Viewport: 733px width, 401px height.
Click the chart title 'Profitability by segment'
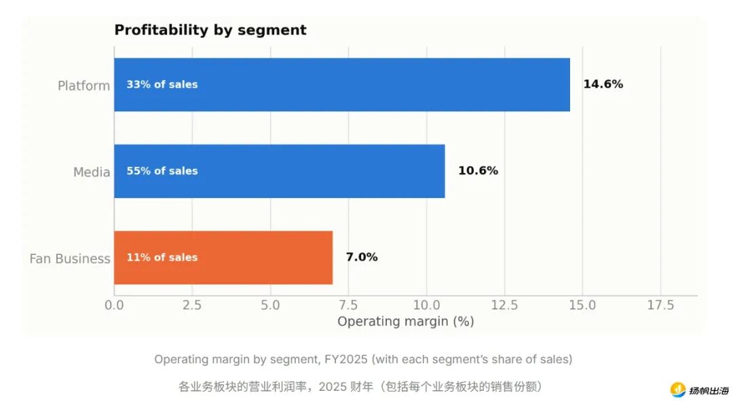click(x=210, y=30)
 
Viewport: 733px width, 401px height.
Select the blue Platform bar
click(x=341, y=85)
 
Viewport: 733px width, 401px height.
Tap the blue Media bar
click(x=280, y=171)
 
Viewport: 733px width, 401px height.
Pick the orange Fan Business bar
click(x=223, y=258)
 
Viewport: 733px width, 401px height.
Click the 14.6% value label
click(x=603, y=84)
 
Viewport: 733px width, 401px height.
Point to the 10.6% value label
click(x=478, y=170)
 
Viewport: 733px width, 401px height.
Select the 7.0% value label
click(x=362, y=257)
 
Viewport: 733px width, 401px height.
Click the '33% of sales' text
click(x=162, y=85)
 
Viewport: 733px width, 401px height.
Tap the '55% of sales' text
click(x=162, y=171)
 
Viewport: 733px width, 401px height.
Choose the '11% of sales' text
click(x=162, y=258)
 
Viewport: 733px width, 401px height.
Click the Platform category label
click(x=83, y=86)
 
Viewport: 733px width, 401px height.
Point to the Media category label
click(x=92, y=172)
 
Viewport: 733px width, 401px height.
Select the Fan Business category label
click(x=70, y=259)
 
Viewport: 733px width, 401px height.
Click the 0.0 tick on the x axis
click(x=114, y=305)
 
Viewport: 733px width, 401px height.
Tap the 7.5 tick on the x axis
click(x=348, y=305)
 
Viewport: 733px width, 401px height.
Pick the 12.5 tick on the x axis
click(x=504, y=305)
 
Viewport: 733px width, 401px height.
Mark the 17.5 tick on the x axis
click(x=660, y=305)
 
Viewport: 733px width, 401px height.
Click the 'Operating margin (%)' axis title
click(x=406, y=322)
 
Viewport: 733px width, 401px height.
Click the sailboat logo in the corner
click(x=678, y=389)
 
